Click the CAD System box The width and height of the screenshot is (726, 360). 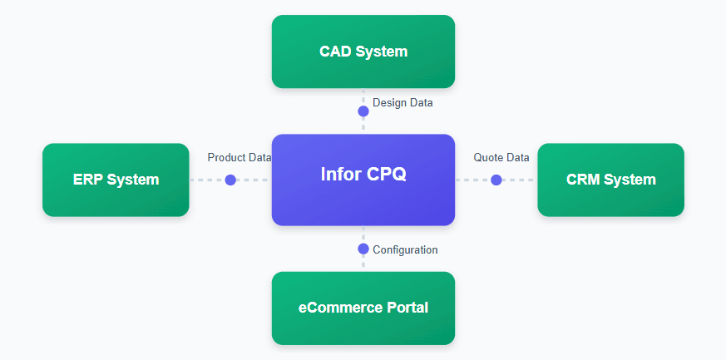(x=363, y=52)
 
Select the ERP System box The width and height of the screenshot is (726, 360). (x=116, y=180)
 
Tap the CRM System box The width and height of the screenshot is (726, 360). (x=610, y=180)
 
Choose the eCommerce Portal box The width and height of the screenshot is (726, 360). (x=363, y=308)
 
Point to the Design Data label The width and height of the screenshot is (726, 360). (x=403, y=103)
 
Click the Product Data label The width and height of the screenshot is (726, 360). (x=240, y=157)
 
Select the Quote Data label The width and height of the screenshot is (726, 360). (x=501, y=157)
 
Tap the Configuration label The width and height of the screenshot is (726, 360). (x=405, y=249)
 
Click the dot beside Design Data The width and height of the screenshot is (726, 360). (x=363, y=111)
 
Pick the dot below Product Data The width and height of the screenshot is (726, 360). (x=230, y=180)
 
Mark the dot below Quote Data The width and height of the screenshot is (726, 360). (x=496, y=180)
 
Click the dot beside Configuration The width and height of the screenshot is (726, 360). (x=363, y=249)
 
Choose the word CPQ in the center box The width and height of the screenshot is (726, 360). (x=387, y=175)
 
